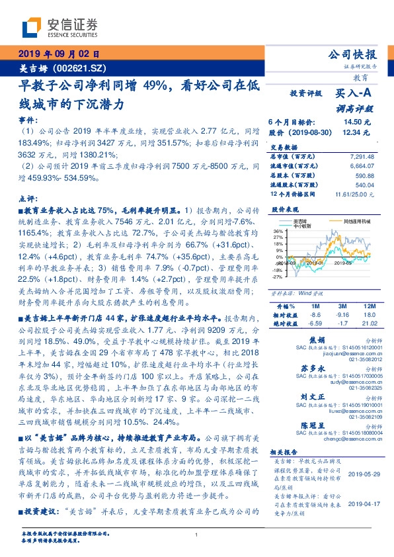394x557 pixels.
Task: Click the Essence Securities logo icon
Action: click(32, 27)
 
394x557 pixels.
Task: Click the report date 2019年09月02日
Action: click(58, 55)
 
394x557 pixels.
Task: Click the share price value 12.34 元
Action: click(357, 133)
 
